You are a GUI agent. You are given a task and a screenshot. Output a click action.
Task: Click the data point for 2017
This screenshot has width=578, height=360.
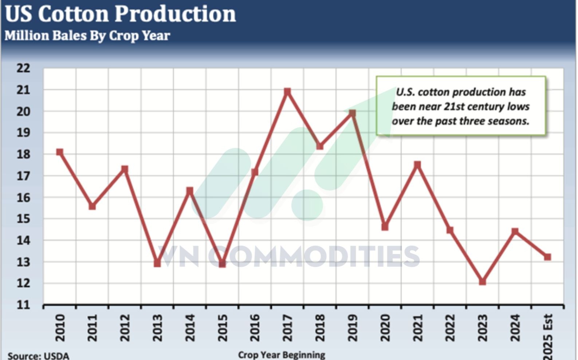point(287,91)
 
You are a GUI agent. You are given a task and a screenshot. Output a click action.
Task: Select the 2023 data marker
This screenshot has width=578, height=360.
point(483,281)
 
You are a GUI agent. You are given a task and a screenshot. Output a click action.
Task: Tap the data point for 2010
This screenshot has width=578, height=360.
point(60,152)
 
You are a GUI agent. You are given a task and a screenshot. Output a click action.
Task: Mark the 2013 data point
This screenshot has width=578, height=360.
point(157,263)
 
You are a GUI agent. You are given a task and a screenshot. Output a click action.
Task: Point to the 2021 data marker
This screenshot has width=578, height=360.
point(417,165)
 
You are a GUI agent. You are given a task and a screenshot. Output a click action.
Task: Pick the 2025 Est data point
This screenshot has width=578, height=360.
point(547,257)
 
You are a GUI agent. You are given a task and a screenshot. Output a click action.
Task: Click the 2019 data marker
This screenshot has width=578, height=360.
point(352,113)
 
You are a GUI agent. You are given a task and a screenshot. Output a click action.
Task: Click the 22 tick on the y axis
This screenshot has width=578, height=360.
point(23,68)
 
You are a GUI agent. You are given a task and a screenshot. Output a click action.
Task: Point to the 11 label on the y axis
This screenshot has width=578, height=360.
point(23,305)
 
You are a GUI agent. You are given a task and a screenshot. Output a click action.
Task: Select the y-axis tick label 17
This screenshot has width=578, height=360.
point(23,176)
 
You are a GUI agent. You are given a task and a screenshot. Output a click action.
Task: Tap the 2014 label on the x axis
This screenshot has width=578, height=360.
point(190,328)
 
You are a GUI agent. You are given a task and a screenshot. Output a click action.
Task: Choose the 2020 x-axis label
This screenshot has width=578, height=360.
point(385,328)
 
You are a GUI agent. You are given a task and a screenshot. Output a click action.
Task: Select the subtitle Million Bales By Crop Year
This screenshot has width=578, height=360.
point(87,36)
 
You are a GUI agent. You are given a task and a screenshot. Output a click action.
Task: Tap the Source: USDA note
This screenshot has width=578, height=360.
point(38,356)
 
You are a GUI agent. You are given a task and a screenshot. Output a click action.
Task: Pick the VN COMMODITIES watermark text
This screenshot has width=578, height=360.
point(290,256)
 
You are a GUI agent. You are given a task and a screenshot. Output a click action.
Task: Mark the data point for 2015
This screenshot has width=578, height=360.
point(222,263)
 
